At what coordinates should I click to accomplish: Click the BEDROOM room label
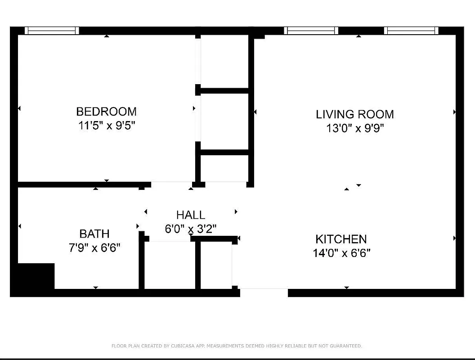[x=106, y=111]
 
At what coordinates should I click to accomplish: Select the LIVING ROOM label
[x=354, y=114]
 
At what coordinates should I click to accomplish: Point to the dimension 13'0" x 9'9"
[x=355, y=129]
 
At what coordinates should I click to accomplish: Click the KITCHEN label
[x=341, y=239]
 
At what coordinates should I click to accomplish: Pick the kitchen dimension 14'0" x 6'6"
[x=341, y=253]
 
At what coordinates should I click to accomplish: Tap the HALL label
[x=191, y=215]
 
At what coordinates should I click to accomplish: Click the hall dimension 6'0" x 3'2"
[x=191, y=229]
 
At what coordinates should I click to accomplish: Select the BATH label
[x=94, y=234]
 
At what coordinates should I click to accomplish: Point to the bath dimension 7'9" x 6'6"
[x=94, y=247]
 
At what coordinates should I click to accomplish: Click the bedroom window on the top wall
[x=52, y=31]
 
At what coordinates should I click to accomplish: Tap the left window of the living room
[x=311, y=31]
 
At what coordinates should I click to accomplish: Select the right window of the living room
[x=411, y=31]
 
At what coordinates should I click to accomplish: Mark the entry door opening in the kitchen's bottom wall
[x=264, y=292]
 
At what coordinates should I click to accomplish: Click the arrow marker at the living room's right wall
[x=454, y=112]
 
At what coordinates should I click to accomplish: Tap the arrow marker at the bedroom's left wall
[x=19, y=108]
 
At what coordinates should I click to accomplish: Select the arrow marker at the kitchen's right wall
[x=454, y=238]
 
